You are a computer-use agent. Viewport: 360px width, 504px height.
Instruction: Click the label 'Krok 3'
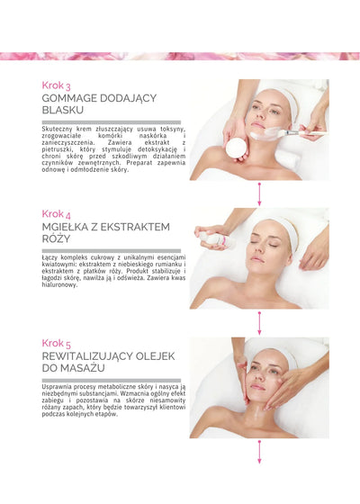(x=56, y=85)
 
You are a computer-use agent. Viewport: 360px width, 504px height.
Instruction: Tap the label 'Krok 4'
(x=56, y=213)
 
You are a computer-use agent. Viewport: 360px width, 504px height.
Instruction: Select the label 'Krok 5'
(x=56, y=343)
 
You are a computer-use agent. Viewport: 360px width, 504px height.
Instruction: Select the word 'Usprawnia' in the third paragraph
(x=59, y=386)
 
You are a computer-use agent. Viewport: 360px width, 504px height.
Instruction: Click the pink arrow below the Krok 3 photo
(x=259, y=194)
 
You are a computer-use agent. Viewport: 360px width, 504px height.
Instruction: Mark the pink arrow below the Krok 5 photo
(x=259, y=453)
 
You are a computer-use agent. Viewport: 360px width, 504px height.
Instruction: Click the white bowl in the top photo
(x=237, y=147)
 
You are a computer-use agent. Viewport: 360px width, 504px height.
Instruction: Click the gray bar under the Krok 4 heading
(x=111, y=251)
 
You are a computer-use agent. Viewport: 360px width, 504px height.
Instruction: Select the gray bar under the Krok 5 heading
(x=111, y=381)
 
